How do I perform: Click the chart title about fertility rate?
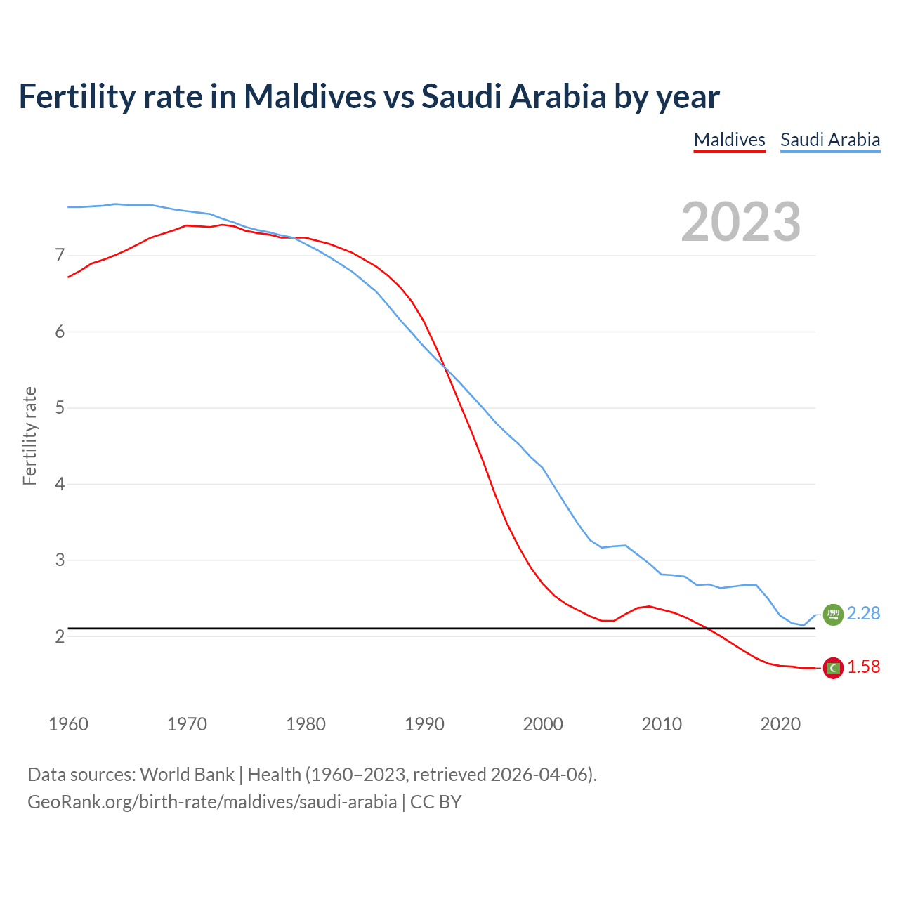pyautogui.click(x=369, y=96)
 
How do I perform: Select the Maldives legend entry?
pyautogui.click(x=729, y=140)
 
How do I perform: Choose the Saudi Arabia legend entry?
pyautogui.click(x=830, y=140)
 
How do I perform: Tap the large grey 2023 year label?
pyautogui.click(x=740, y=222)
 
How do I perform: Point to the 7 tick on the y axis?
pyautogui.click(x=60, y=255)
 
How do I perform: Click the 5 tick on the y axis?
pyautogui.click(x=60, y=407)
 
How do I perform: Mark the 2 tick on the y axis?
pyautogui.click(x=60, y=636)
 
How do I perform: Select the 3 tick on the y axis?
pyautogui.click(x=60, y=560)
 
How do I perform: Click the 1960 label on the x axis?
pyautogui.click(x=68, y=724)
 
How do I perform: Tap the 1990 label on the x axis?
pyautogui.click(x=424, y=724)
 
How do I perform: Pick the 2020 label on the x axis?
pyautogui.click(x=780, y=724)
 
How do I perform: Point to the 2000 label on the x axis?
pyautogui.click(x=543, y=724)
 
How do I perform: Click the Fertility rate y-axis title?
pyautogui.click(x=29, y=435)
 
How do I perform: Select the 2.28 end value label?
pyautogui.click(x=863, y=613)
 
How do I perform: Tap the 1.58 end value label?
pyautogui.click(x=863, y=667)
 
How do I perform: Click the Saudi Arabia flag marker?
pyautogui.click(x=833, y=615)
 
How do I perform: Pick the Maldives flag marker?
pyautogui.click(x=833, y=668)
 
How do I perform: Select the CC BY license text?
pyautogui.click(x=435, y=802)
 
